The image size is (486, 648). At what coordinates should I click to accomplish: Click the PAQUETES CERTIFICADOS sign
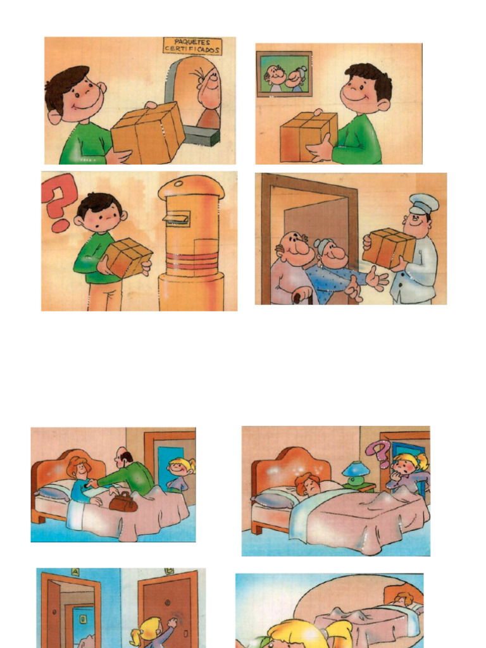192,46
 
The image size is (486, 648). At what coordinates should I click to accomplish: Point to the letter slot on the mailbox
177,218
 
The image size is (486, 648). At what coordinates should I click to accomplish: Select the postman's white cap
423,204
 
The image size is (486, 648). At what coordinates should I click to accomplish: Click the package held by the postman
389,247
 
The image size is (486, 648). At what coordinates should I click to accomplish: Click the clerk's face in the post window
209,88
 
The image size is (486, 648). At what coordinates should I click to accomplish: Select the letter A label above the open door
75,571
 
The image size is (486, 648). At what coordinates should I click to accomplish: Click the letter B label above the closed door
169,571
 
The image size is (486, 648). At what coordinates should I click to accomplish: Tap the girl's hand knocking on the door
172,623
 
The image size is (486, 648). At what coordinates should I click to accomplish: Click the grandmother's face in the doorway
333,254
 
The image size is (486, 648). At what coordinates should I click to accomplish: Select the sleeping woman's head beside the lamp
309,483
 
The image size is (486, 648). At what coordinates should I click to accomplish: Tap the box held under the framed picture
308,136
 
